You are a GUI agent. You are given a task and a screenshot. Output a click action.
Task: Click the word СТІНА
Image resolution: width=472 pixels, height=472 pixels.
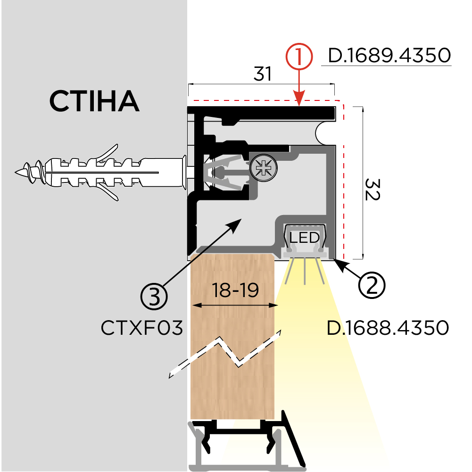pos(94,101)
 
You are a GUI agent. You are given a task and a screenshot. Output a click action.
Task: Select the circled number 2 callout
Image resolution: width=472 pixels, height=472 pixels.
pos(372,284)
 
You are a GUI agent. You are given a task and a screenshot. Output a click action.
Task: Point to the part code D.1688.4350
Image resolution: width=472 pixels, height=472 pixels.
pos(387,328)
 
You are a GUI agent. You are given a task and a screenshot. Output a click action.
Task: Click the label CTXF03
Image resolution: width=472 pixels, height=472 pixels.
pos(141,328)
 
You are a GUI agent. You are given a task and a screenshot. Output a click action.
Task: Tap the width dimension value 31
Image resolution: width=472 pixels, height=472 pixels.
pos(263,75)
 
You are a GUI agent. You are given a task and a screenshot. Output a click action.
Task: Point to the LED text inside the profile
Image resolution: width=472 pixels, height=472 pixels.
pos(305,237)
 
